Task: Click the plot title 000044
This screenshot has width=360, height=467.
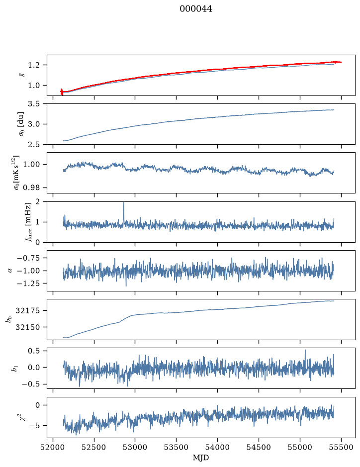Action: pos(196,9)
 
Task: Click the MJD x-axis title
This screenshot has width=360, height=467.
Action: pos(201,458)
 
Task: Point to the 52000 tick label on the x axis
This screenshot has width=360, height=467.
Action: pos(53,447)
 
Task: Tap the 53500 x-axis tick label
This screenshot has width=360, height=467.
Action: pos(177,447)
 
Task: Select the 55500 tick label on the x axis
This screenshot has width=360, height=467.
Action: pos(341,447)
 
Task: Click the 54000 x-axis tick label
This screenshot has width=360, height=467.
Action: pos(218,447)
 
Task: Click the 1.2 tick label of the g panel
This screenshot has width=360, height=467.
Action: pos(34,65)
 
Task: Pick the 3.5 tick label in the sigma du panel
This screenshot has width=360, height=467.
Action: pos(34,103)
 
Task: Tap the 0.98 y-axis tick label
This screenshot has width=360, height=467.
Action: pos(31,188)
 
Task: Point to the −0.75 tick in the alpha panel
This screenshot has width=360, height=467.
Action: pos(29,258)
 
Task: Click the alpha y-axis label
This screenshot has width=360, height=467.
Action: pos(10,271)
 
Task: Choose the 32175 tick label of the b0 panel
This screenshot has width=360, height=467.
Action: pos(28,311)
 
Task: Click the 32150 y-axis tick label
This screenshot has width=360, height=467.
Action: pos(28,327)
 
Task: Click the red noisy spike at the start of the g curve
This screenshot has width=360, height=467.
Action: pos(62,92)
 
